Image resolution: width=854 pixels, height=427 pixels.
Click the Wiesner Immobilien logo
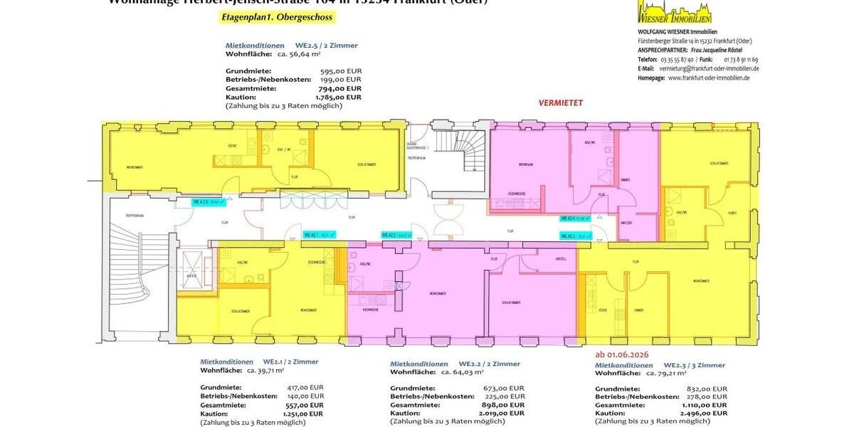(x=674, y=12)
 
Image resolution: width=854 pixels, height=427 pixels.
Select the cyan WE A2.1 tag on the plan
(x=319, y=234)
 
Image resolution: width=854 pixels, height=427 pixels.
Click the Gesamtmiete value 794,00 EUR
(x=337, y=89)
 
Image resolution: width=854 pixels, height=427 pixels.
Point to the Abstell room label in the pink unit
(x=557, y=259)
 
